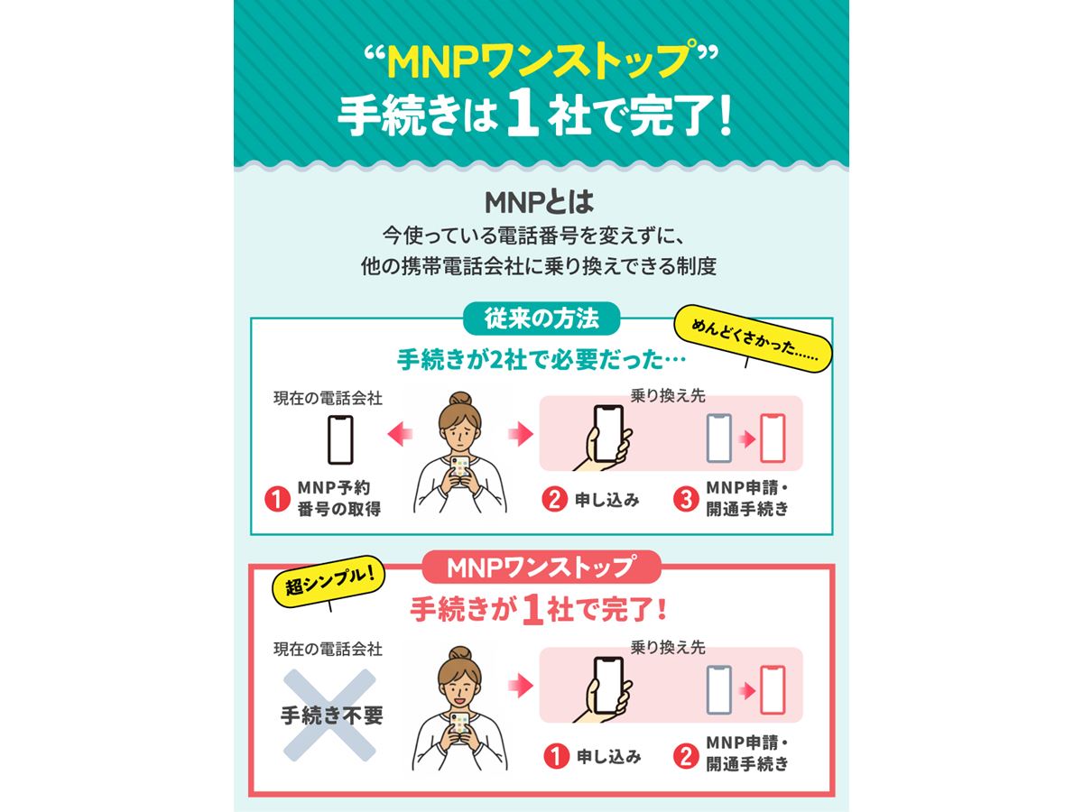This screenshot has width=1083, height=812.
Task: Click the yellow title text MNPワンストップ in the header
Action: pyautogui.click(x=541, y=61)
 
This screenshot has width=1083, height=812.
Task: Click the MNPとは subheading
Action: pyautogui.click(x=540, y=202)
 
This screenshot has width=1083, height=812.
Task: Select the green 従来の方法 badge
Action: pyautogui.click(x=541, y=318)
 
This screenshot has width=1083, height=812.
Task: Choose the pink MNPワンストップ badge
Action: pyautogui.click(x=541, y=567)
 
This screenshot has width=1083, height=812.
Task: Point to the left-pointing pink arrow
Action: pyautogui.click(x=400, y=434)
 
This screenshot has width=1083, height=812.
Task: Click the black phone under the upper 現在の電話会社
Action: pyautogui.click(x=340, y=439)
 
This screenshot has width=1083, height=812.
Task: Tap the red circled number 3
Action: pyautogui.click(x=686, y=499)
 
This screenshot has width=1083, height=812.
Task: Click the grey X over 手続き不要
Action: pyautogui.click(x=329, y=715)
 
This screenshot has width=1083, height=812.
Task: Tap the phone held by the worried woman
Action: pyautogui.click(x=460, y=469)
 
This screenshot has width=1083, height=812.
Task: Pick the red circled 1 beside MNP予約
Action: pyautogui.click(x=277, y=499)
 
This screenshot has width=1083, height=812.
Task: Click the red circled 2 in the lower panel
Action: pyautogui.click(x=686, y=756)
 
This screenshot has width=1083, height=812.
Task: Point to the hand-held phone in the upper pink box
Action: pyautogui.click(x=608, y=434)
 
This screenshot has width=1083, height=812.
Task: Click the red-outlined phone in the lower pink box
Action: pyautogui.click(x=773, y=689)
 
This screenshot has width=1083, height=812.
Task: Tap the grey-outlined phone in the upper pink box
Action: pyautogui.click(x=719, y=438)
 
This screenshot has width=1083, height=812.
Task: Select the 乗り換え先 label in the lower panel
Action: pyautogui.click(x=668, y=647)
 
